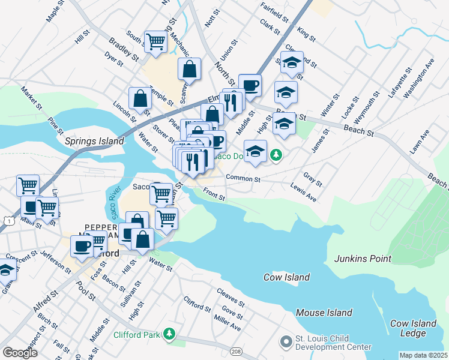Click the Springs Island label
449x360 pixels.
click(94, 142)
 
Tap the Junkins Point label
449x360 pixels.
click(363, 259)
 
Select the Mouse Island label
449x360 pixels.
click(324, 313)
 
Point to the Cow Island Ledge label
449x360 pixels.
click(413, 328)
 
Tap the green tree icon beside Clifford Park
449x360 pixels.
click(170, 333)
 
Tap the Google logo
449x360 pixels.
click(20, 353)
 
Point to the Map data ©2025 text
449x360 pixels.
click(423, 355)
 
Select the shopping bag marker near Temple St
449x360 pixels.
click(140, 98)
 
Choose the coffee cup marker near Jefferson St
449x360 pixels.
click(82, 245)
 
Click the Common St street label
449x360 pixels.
click(243, 178)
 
